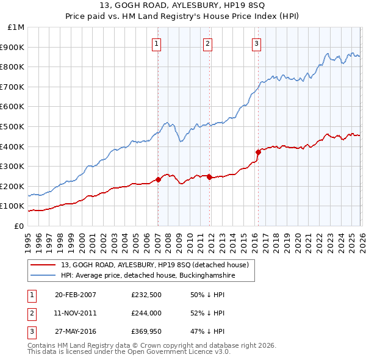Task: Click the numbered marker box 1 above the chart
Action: [157, 43]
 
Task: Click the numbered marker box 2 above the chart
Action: [208, 43]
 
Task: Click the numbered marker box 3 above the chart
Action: [257, 43]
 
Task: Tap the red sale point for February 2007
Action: [158, 179]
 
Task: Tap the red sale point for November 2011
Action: [209, 178]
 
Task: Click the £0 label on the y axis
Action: [20, 226]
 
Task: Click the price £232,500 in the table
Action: [146, 294]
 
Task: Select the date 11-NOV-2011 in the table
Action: [75, 313]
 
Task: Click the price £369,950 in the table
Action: [146, 332]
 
